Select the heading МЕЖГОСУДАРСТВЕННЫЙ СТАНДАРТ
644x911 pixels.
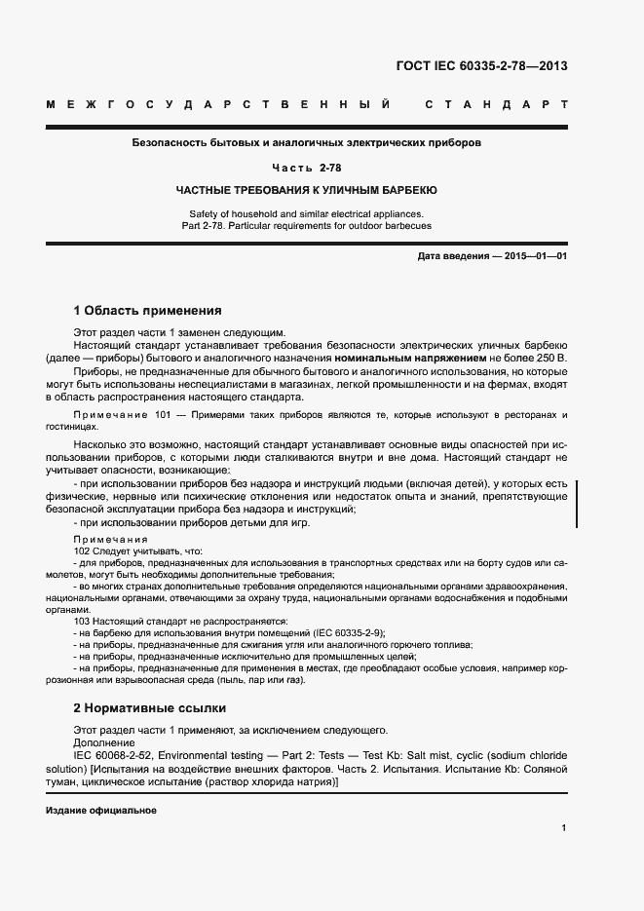coord(307,103)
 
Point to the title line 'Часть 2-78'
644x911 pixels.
coord(307,168)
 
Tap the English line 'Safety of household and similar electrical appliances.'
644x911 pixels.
coord(307,212)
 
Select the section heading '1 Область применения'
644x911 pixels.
coord(148,311)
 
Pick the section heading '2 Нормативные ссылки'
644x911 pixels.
coord(149,707)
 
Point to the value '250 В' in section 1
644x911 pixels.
coord(552,359)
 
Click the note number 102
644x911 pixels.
coord(82,550)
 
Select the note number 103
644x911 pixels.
coord(82,621)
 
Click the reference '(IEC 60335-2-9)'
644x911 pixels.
coord(347,632)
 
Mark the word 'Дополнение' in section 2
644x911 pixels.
coord(104,741)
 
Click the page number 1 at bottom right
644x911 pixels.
coord(564,828)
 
